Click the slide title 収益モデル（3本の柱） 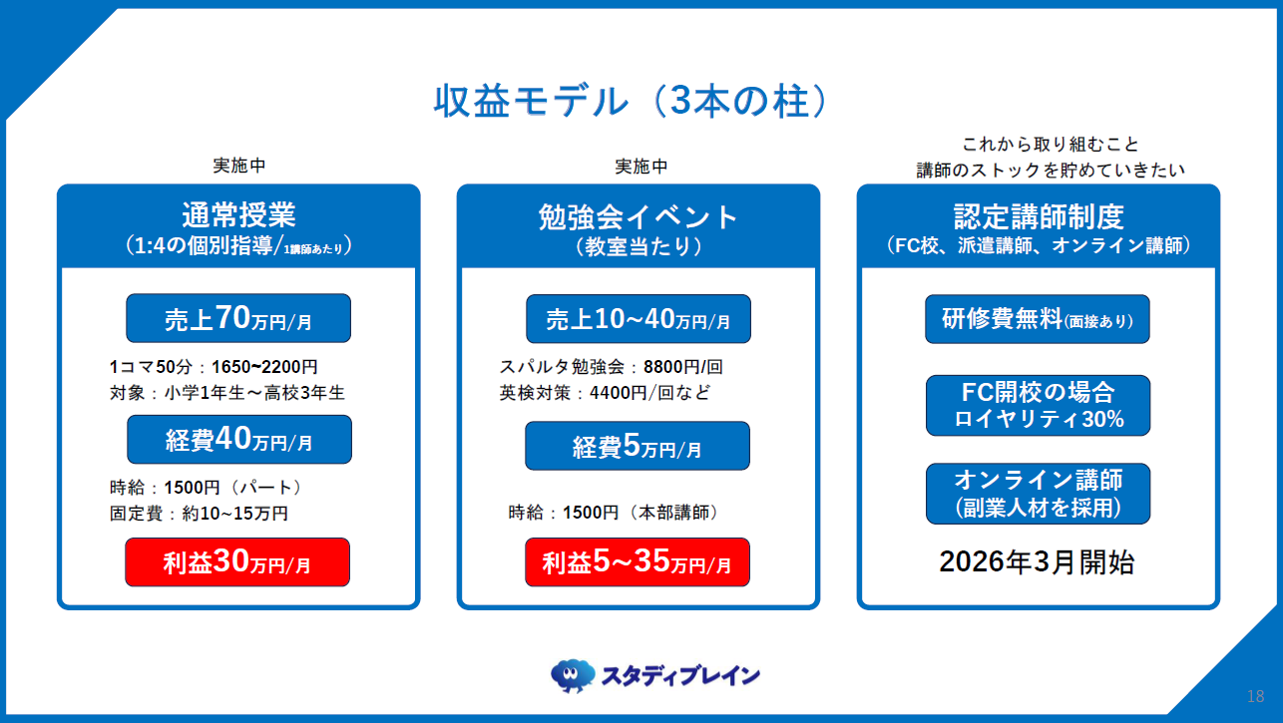632,102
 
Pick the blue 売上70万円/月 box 238,319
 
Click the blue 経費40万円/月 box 238,440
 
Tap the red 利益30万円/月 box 237,562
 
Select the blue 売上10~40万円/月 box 639,319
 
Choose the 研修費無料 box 1038,319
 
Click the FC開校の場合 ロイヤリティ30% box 1038,405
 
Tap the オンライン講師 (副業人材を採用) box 1038,493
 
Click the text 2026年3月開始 1037,562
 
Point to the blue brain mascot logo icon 573,675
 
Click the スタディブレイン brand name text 680,676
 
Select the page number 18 1255,695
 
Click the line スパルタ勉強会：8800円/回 611,366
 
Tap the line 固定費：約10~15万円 199,513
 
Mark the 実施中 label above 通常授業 238,166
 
